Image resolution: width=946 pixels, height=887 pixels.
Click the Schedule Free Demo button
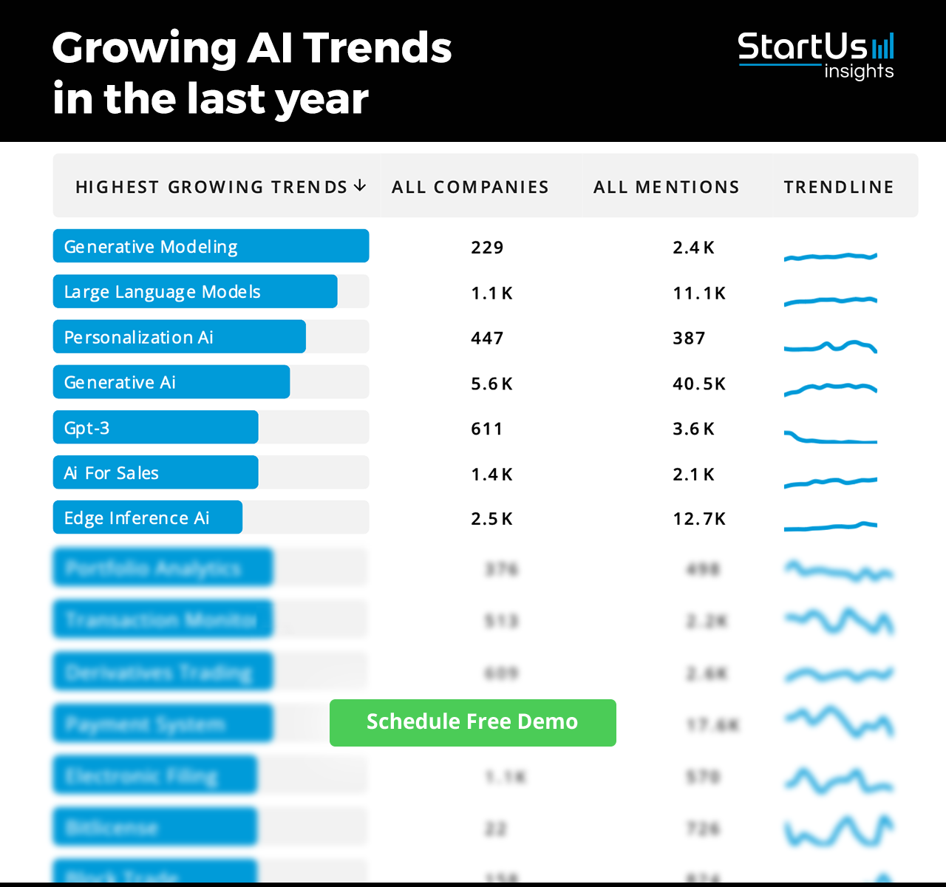point(472,722)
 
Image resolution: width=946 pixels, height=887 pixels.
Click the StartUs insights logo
point(816,55)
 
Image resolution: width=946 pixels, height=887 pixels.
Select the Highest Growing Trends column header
point(211,187)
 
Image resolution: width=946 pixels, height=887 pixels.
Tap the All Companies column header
point(470,187)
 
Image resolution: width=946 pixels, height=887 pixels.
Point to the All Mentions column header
point(666,187)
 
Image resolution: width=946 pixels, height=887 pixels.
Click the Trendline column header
point(839,187)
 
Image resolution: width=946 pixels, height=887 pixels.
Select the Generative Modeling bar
point(211,246)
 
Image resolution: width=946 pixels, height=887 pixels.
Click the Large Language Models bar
point(195,292)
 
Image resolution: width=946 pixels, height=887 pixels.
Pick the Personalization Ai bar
point(179,337)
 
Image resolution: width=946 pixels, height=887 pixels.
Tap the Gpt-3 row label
point(87,428)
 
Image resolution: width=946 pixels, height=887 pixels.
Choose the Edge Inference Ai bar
point(148,517)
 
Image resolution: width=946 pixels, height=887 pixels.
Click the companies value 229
point(487,248)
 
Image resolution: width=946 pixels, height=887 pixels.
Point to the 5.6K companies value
point(491,384)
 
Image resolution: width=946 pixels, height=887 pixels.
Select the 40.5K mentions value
point(699,384)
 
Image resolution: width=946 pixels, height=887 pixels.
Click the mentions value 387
point(689,339)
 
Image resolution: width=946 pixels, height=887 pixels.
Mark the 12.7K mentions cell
point(699,519)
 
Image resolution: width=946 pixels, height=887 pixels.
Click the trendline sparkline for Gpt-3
point(830,438)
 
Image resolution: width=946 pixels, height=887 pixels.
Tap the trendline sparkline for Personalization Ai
point(830,346)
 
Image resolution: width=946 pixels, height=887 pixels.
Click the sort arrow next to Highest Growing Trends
point(360,186)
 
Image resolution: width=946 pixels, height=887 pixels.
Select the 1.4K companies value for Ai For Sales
point(491,475)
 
